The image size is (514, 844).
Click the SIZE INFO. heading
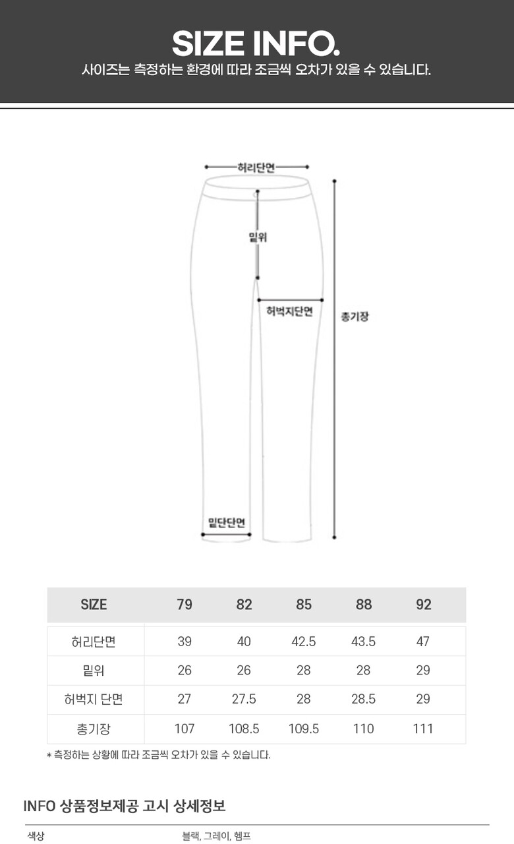click(256, 44)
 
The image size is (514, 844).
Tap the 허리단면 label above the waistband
click(256, 167)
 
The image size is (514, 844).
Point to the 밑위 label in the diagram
click(258, 237)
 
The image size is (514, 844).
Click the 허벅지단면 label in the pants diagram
click(289, 311)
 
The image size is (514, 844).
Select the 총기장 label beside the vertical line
click(355, 316)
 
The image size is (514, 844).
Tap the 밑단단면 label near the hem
click(227, 523)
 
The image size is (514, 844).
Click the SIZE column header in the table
click(94, 605)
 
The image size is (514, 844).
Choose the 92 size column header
click(423, 605)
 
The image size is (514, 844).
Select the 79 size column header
click(185, 605)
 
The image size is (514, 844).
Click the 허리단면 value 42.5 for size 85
click(304, 642)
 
